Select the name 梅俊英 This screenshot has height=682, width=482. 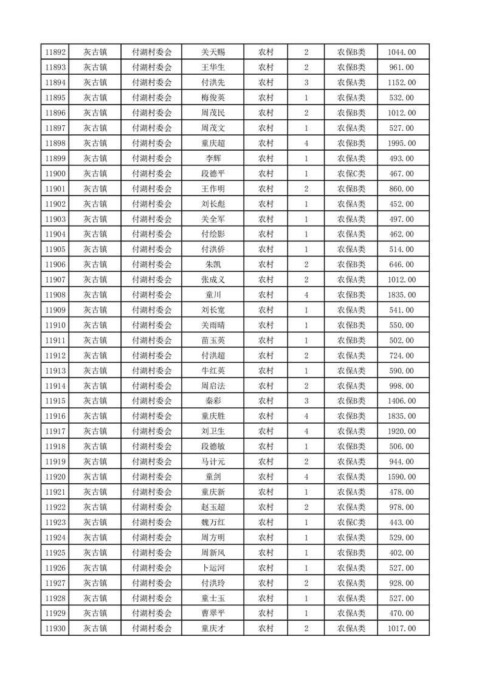pyautogui.click(x=213, y=98)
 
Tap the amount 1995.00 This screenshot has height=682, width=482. pyautogui.click(x=401, y=143)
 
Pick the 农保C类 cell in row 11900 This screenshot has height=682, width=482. pyautogui.click(x=351, y=174)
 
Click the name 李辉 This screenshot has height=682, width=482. pyautogui.click(x=213, y=159)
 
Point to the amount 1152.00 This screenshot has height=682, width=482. pyautogui.click(x=401, y=83)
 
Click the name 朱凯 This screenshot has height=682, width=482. pyautogui.click(x=213, y=264)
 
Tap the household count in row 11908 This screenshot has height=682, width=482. pyautogui.click(x=306, y=295)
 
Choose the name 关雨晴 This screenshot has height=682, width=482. pyautogui.click(x=213, y=325)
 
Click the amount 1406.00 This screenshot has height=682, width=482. pyautogui.click(x=401, y=401)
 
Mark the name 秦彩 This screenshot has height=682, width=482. pyautogui.click(x=213, y=401)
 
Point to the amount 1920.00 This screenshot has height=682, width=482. pyautogui.click(x=401, y=432)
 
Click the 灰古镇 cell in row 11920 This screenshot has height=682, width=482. pyautogui.click(x=95, y=477)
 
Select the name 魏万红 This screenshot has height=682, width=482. pyautogui.click(x=213, y=522)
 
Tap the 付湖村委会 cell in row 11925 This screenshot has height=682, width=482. pyautogui.click(x=152, y=553)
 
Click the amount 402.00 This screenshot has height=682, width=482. pyautogui.click(x=401, y=553)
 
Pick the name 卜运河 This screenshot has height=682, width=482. pyautogui.click(x=213, y=568)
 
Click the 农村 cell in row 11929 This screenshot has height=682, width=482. pyautogui.click(x=266, y=613)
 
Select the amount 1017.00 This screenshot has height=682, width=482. pyautogui.click(x=401, y=629)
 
